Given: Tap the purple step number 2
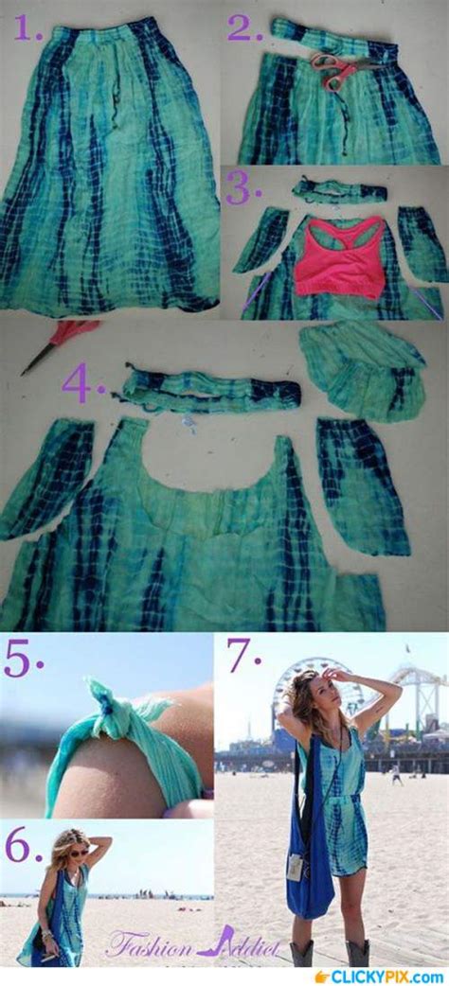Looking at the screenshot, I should click(244, 28).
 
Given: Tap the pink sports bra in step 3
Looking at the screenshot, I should click(338, 256).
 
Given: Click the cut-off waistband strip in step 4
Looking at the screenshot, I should click(210, 391).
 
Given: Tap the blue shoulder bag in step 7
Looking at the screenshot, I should click(311, 871).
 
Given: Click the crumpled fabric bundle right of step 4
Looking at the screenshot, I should click(362, 369).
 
